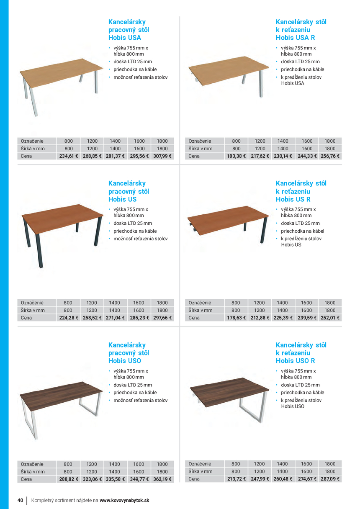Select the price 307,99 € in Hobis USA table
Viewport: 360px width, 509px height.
pyautogui.click(x=162, y=156)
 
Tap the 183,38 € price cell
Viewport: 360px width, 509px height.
pyautogui.click(x=237, y=156)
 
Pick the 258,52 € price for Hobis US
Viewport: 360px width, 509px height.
pyautogui.click(x=92, y=318)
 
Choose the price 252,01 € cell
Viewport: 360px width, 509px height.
pyautogui.click(x=330, y=318)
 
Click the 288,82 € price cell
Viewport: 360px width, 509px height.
pyautogui.click(x=68, y=479)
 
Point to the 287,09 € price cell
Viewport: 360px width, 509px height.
pyautogui.click(x=330, y=479)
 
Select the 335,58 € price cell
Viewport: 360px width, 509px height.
pyautogui.click(x=115, y=479)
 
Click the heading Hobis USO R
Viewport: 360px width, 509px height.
pyautogui.click(x=295, y=361)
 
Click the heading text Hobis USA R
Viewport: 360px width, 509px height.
pyautogui.click(x=295, y=38)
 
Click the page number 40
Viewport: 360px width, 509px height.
pyautogui.click(x=20, y=500)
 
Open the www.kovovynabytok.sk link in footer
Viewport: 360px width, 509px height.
pyautogui.click(x=124, y=500)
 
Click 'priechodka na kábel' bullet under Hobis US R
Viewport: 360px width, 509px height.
pyautogui.click(x=302, y=231)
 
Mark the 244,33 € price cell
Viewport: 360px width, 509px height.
pyautogui.click(x=307, y=156)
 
